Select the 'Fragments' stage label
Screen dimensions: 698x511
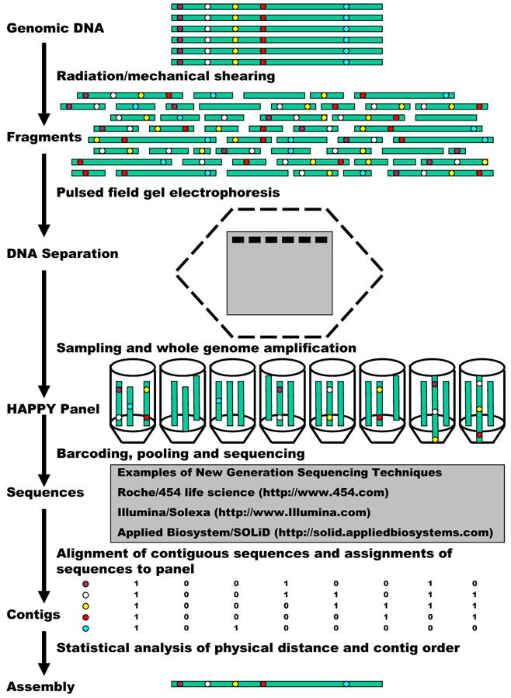(x=43, y=137)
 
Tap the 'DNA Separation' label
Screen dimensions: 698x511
(x=62, y=253)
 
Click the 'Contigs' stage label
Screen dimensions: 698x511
(x=33, y=614)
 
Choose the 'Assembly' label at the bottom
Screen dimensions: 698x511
(x=40, y=686)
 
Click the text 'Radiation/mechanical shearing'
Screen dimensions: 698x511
(x=165, y=75)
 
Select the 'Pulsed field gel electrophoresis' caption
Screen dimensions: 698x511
(x=168, y=190)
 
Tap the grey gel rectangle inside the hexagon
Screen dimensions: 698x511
(x=280, y=280)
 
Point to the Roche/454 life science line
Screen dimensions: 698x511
(x=252, y=492)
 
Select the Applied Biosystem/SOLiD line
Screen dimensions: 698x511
(x=305, y=532)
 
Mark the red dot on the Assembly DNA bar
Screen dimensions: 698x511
(x=263, y=684)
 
